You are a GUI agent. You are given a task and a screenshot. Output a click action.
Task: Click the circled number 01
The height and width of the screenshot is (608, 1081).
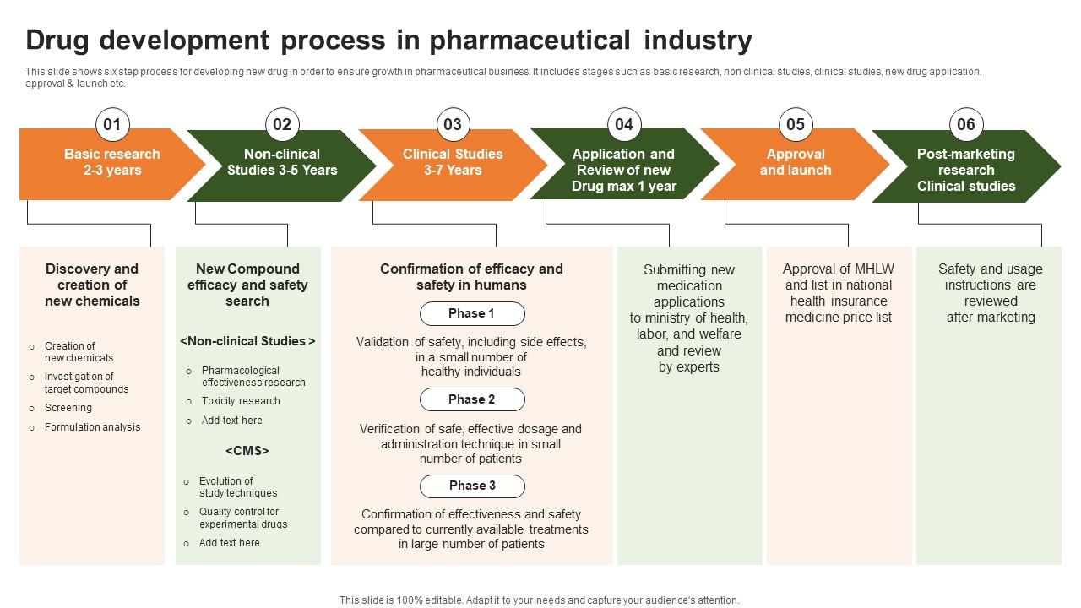click(111, 125)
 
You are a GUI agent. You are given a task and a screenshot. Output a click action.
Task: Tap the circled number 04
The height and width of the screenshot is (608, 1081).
click(623, 125)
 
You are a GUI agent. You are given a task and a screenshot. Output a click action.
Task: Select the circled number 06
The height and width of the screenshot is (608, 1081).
click(965, 125)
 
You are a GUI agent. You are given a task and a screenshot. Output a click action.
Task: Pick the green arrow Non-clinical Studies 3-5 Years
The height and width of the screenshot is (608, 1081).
click(282, 163)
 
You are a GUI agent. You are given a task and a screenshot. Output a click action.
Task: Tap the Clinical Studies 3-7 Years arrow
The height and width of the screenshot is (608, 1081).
click(453, 163)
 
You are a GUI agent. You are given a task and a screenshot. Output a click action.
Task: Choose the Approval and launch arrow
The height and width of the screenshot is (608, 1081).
click(795, 163)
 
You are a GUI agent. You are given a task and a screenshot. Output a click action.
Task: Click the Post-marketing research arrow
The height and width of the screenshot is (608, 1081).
click(965, 170)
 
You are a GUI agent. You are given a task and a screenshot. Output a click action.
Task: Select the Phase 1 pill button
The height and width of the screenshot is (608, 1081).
click(472, 313)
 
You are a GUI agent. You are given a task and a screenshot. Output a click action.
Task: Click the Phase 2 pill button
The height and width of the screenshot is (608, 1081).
click(472, 399)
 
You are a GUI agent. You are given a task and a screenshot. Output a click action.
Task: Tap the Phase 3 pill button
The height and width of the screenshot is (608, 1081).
click(472, 486)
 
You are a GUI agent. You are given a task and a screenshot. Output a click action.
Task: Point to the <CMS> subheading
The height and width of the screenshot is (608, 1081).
click(247, 451)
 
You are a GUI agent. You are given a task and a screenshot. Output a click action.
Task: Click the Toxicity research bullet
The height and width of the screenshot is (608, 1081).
click(241, 401)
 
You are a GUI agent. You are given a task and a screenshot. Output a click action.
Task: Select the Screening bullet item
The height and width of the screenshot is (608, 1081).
click(68, 408)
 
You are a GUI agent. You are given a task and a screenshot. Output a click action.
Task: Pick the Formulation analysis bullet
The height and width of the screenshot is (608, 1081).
click(93, 427)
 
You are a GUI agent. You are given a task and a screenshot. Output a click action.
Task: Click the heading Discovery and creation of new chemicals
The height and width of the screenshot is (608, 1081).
click(92, 285)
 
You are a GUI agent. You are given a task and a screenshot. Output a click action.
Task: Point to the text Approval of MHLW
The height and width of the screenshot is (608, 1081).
click(838, 269)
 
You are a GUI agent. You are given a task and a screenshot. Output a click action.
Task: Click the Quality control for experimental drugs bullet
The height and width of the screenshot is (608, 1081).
click(243, 518)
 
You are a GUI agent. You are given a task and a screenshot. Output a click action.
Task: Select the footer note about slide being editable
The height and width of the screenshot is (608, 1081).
click(539, 600)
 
